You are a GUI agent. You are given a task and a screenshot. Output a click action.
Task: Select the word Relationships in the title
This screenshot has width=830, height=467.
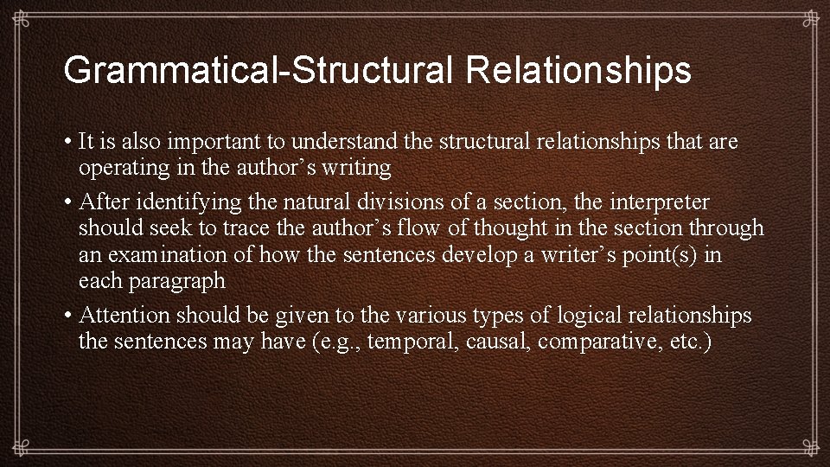tap(578, 70)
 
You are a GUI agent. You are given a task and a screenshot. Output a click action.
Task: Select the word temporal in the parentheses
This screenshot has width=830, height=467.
tap(416, 342)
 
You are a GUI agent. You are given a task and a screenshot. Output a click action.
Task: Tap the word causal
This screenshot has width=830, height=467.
tap(499, 342)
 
